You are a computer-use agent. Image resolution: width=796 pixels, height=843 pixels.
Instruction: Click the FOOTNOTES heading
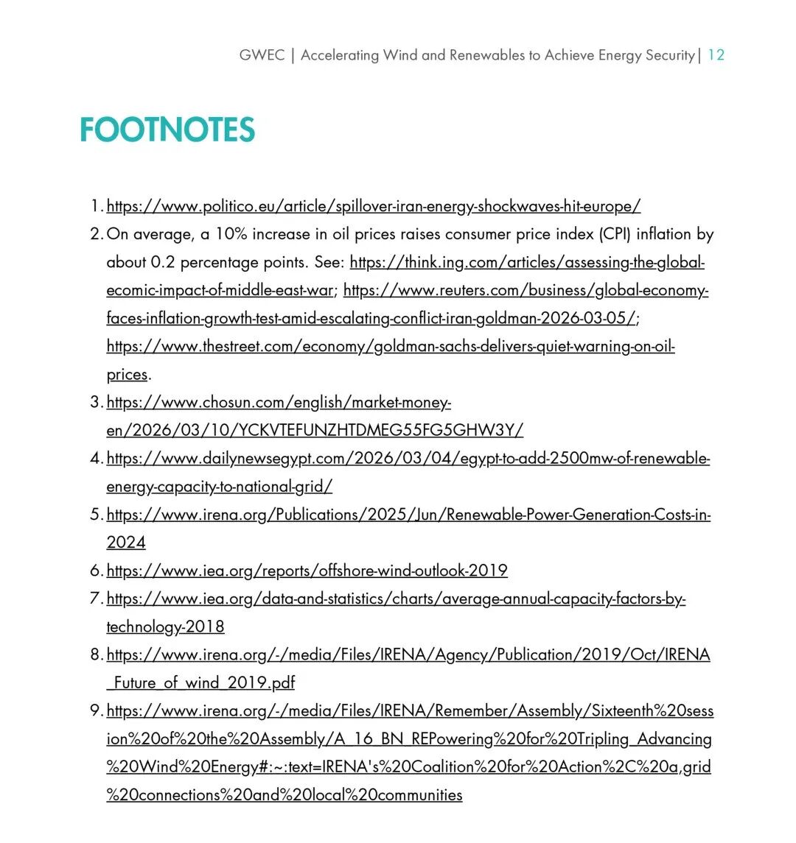(167, 130)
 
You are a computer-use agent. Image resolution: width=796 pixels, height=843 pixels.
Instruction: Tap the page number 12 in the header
(716, 55)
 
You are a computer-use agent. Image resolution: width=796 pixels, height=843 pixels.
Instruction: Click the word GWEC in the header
(262, 55)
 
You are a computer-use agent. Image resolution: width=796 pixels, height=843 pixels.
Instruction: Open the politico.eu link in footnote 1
(374, 206)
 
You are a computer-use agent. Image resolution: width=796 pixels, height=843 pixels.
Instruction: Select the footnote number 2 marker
(96, 234)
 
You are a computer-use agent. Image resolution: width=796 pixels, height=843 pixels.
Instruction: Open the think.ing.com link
(527, 262)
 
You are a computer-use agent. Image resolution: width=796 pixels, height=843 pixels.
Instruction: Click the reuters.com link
(526, 290)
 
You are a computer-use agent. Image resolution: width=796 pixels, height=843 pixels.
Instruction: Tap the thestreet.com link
(391, 346)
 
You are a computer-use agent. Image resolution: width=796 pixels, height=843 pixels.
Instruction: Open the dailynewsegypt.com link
(408, 458)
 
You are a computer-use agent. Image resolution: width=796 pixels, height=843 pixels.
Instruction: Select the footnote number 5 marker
(96, 514)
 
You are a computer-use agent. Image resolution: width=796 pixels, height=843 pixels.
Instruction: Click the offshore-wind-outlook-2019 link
(307, 570)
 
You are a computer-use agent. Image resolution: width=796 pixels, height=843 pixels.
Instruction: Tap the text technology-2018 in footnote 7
(165, 627)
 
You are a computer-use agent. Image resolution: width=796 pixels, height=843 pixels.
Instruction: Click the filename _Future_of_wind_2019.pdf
(200, 682)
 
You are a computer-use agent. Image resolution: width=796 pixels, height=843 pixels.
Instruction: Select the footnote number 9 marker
(96, 710)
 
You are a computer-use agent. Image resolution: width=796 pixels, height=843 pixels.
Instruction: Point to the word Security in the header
(668, 55)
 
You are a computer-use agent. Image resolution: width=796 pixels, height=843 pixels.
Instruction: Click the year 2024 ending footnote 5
(126, 543)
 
